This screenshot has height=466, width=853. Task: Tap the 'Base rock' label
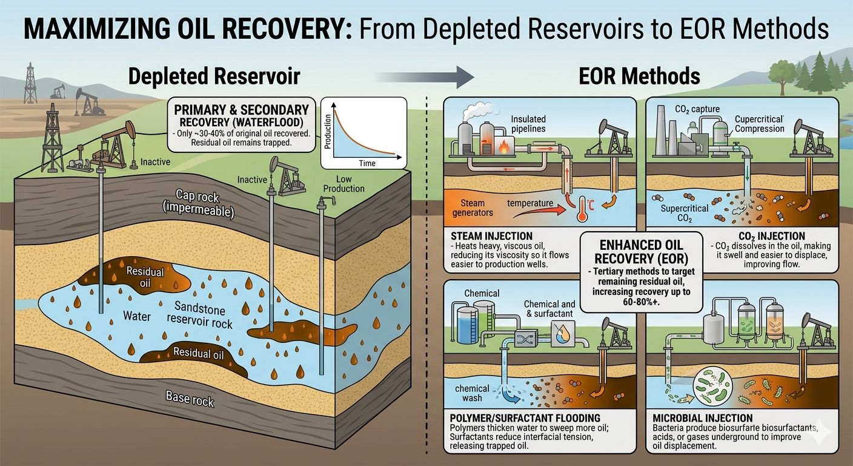pyautogui.click(x=190, y=398)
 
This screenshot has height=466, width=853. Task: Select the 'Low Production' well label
pyautogui.click(x=344, y=183)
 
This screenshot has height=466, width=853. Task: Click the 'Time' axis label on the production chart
pyautogui.click(x=367, y=163)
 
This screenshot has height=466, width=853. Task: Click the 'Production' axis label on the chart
pyautogui.click(x=327, y=130)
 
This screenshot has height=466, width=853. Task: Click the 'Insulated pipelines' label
pyautogui.click(x=528, y=124)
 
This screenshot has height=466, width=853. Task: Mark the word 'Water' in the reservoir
pyautogui.click(x=136, y=316)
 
